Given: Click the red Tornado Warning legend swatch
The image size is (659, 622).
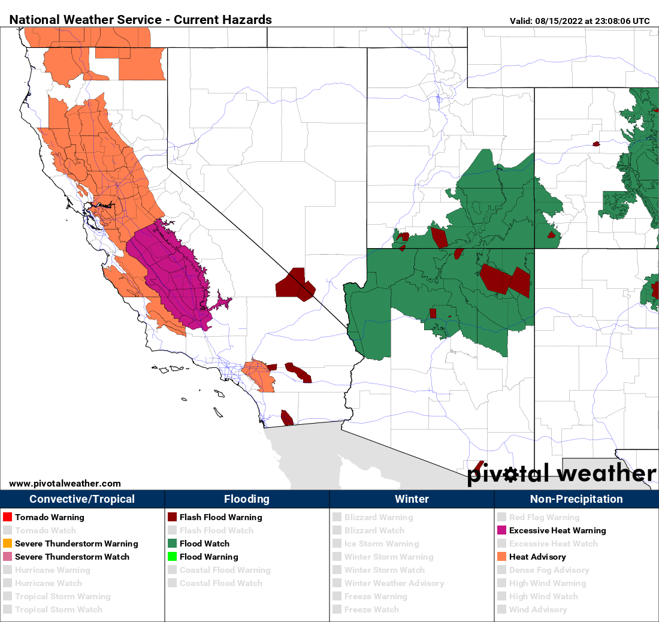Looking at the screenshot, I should (7, 517).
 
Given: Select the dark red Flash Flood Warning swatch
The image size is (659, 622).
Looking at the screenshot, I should (172, 517).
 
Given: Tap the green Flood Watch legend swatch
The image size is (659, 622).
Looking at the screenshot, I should (172, 544).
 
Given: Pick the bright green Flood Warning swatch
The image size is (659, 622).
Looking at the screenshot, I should (172, 557).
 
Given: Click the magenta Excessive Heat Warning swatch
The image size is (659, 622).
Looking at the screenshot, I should (501, 530).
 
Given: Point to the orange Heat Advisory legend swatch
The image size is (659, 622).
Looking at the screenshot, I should (501, 557).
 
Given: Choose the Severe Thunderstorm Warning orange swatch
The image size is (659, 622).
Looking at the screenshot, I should (7, 544).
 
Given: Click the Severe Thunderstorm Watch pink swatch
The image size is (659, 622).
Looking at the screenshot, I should (7, 557).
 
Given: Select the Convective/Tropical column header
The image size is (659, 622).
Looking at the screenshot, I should (82, 499).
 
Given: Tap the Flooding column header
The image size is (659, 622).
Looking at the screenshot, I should (247, 499).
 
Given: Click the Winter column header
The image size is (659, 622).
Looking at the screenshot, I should (412, 499).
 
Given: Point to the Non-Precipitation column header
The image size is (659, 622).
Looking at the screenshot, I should (576, 499).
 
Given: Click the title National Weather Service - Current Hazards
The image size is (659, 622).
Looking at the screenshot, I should (141, 20).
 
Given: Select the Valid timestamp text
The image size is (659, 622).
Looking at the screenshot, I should (579, 21).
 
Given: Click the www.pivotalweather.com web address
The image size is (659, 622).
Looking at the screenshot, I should (65, 484).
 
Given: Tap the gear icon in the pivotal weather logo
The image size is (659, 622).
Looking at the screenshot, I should (511, 475).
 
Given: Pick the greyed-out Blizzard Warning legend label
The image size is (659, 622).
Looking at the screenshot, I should (379, 517).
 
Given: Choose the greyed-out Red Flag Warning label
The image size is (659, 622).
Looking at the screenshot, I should (544, 517).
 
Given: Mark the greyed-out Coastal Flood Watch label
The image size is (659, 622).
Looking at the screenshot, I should (221, 583).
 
